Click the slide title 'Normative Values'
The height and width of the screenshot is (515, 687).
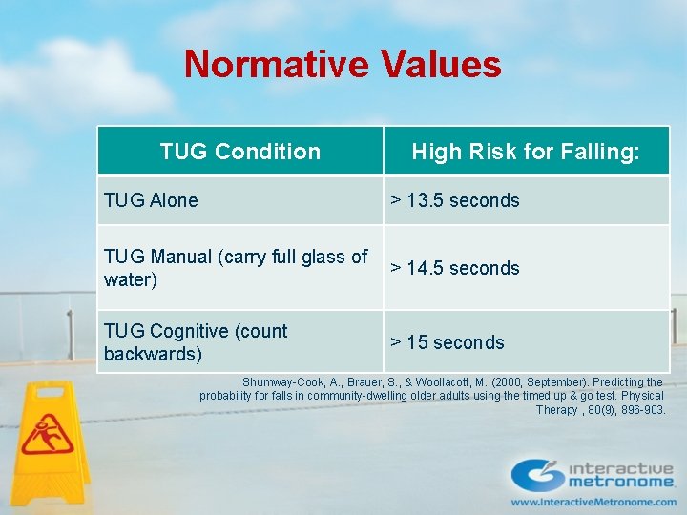(x=343, y=64)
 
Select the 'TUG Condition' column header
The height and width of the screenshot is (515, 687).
(x=240, y=152)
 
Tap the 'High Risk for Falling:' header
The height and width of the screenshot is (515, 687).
(x=526, y=152)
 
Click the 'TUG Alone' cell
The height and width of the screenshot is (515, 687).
(x=151, y=200)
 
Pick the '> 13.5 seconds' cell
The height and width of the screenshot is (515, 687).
(x=455, y=200)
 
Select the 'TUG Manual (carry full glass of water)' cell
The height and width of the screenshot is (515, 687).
(x=236, y=268)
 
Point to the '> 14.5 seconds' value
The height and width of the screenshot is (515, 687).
(x=455, y=268)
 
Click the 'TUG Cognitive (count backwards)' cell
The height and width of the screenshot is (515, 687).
(x=196, y=342)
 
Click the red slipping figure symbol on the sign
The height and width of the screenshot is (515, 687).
(x=47, y=433)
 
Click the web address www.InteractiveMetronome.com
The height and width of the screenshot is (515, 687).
(x=593, y=502)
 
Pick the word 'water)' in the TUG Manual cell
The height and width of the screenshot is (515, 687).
(x=131, y=280)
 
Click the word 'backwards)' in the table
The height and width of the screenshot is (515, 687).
(x=153, y=354)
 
